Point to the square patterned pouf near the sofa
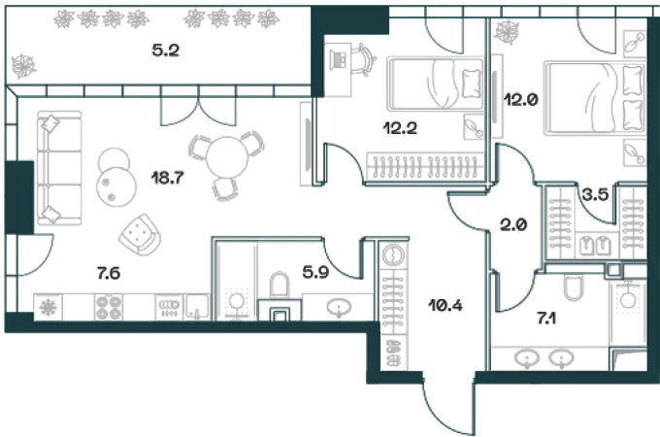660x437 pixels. click(141, 232)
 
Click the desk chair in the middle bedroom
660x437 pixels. click(356, 61)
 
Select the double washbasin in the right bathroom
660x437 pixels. click(544, 357)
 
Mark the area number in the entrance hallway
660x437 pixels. click(439, 306)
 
